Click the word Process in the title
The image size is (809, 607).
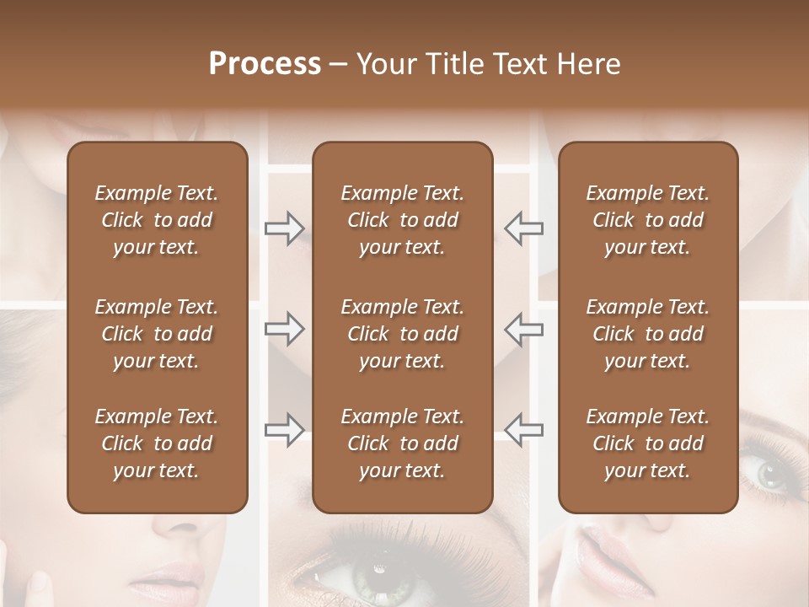pos(265,64)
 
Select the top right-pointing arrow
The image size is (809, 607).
pos(284,228)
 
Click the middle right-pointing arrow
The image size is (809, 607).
pos(284,329)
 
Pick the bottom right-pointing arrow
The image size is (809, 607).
pos(284,429)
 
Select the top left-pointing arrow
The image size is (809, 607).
pos(524,228)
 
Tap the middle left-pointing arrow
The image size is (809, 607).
pos(524,329)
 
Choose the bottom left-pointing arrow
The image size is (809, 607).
pos(524,429)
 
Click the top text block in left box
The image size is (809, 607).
pos(157,220)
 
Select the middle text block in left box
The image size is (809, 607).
pos(157,334)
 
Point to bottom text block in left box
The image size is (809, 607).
pos(157,443)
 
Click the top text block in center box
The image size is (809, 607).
pos(403,220)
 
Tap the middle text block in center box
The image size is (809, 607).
pos(403,334)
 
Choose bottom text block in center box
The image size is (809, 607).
pos(403,443)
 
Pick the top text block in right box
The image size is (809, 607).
pos(648,220)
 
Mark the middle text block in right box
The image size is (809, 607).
pos(648,334)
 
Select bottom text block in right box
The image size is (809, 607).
pos(648,443)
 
